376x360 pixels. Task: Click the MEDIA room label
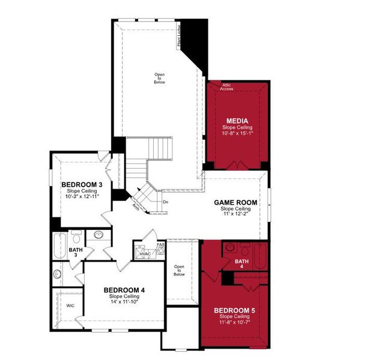pyautogui.click(x=237, y=121)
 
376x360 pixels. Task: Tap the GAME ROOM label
pyautogui.click(x=237, y=202)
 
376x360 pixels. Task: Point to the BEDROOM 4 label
pyautogui.click(x=124, y=290)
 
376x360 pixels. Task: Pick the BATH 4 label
pyautogui.click(x=241, y=262)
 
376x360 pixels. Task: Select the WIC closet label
pyautogui.click(x=70, y=305)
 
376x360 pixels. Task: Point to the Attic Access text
pyautogui.click(x=227, y=87)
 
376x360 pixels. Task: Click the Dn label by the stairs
pyautogui.click(x=166, y=202)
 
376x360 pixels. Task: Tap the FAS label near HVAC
pyautogui.click(x=160, y=245)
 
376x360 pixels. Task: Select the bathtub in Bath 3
pyautogui.click(x=58, y=246)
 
